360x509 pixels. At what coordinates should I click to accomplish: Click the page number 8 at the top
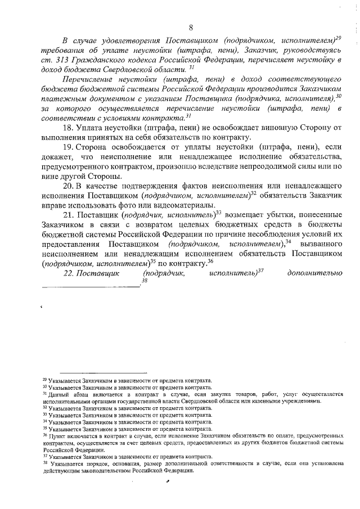[x=191, y=28]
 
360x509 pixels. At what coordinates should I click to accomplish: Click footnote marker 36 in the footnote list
[x=45, y=436]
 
